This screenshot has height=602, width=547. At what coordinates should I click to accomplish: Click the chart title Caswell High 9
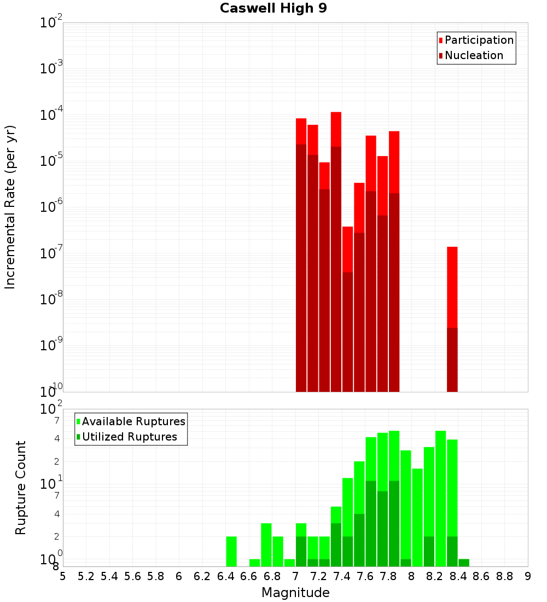(x=273, y=9)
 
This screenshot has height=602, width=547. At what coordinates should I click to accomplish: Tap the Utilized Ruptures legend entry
(x=129, y=437)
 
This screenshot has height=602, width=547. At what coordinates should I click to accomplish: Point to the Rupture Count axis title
(x=21, y=488)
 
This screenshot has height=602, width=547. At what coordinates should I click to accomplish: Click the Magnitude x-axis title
(x=295, y=593)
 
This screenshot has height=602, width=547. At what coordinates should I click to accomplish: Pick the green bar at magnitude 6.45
(x=231, y=551)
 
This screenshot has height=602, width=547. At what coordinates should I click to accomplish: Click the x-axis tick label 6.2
(x=202, y=576)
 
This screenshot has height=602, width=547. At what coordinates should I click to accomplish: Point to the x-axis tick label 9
(x=528, y=576)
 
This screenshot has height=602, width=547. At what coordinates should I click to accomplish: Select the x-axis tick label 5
(x=63, y=576)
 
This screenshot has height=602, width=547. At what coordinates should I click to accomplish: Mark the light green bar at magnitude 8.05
(x=417, y=517)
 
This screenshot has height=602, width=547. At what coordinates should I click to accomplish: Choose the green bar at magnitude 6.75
(x=266, y=545)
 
